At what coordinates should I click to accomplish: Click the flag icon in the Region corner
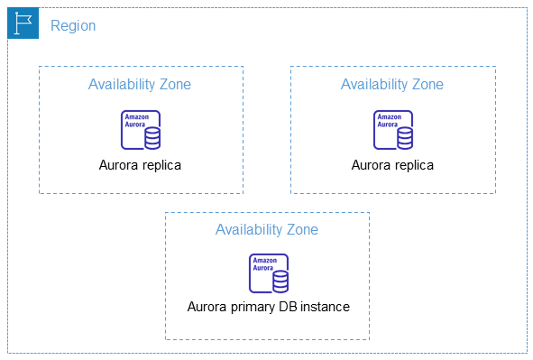click(x=23, y=24)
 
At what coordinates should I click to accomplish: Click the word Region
click(x=73, y=25)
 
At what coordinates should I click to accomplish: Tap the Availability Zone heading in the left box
click(x=140, y=84)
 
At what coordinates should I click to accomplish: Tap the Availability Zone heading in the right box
click(x=392, y=84)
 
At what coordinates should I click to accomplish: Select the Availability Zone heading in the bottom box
click(x=267, y=229)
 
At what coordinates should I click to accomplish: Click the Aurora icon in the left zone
click(x=141, y=129)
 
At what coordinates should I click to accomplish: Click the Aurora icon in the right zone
click(x=393, y=129)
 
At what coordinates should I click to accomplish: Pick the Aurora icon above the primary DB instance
click(x=268, y=273)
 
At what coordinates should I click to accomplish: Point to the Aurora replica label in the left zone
click(x=140, y=165)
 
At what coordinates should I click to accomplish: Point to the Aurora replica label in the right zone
click(x=392, y=165)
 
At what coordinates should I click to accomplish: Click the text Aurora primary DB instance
click(x=268, y=307)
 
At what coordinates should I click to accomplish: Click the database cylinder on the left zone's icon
click(x=152, y=137)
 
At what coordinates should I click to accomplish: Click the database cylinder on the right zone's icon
click(x=404, y=137)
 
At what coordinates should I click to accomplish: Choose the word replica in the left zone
click(x=161, y=166)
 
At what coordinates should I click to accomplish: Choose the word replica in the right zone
click(x=414, y=166)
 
